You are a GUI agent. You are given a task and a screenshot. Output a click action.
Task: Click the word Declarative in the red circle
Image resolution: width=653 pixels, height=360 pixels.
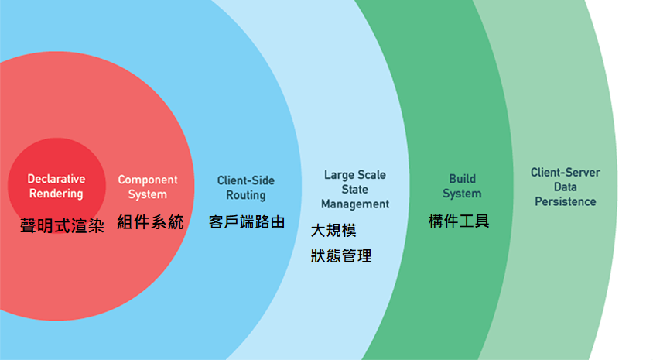click(x=56, y=179)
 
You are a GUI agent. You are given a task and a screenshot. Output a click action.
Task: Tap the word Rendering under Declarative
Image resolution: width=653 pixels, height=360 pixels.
click(x=56, y=194)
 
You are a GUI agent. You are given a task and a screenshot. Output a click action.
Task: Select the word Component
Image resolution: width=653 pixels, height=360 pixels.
click(x=148, y=180)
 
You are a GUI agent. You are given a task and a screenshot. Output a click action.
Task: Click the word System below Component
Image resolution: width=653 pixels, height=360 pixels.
click(x=148, y=194)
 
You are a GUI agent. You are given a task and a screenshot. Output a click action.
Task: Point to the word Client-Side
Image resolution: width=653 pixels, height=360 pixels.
click(x=246, y=180)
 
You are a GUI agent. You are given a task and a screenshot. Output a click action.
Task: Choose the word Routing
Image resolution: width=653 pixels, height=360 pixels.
click(x=246, y=195)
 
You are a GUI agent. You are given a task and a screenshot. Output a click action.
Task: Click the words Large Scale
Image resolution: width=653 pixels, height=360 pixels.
click(x=355, y=175)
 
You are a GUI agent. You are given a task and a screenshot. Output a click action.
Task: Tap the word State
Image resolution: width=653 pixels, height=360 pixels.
click(x=355, y=190)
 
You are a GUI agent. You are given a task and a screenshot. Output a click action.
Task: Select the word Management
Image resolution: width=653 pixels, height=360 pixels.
click(x=355, y=204)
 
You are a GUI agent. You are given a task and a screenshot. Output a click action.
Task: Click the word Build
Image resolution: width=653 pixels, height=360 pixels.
click(x=463, y=179)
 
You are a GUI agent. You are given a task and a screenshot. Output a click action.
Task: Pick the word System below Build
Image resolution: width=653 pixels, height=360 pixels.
click(x=463, y=194)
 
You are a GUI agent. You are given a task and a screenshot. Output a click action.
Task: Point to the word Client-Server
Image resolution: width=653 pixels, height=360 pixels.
click(x=565, y=173)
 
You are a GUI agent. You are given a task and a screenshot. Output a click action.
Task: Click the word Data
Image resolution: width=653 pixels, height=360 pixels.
click(x=565, y=187)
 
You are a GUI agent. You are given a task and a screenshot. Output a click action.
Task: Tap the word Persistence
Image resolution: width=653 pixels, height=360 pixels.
click(x=565, y=202)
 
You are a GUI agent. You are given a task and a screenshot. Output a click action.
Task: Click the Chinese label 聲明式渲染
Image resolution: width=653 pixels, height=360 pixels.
click(x=62, y=226)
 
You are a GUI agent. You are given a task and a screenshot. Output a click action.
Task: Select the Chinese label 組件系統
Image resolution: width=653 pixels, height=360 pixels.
click(x=150, y=223)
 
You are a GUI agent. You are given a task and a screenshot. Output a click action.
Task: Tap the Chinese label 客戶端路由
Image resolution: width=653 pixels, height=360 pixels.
click(x=247, y=223)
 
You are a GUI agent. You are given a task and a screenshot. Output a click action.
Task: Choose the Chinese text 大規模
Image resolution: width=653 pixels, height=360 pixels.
click(x=333, y=231)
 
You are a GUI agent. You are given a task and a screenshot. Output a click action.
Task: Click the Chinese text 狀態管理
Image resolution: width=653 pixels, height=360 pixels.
click(x=341, y=255)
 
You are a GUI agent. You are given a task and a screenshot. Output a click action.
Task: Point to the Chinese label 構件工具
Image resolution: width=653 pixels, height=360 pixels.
click(x=459, y=221)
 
